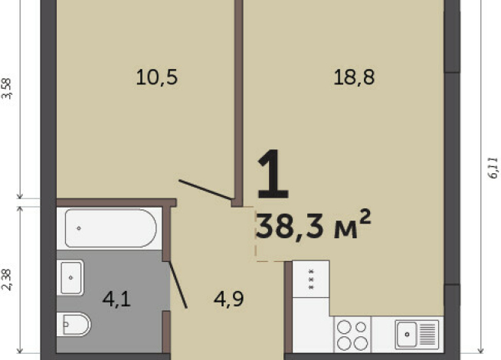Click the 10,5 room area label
point(156,77)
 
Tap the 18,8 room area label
point(354,77)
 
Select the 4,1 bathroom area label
point(116,299)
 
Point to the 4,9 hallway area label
point(229,299)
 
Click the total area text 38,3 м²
point(313,224)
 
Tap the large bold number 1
point(273,174)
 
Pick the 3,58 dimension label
point(7,89)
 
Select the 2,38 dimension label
point(7,280)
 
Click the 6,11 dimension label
point(493,168)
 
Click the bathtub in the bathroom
point(110,228)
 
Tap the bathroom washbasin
point(71,277)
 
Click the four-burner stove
point(352,335)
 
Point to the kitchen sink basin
point(407,335)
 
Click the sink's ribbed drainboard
point(427,335)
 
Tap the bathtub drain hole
point(79,228)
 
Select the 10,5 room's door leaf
point(205,190)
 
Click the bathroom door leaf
point(178,285)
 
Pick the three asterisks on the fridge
point(311,280)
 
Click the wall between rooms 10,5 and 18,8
point(239,103)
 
